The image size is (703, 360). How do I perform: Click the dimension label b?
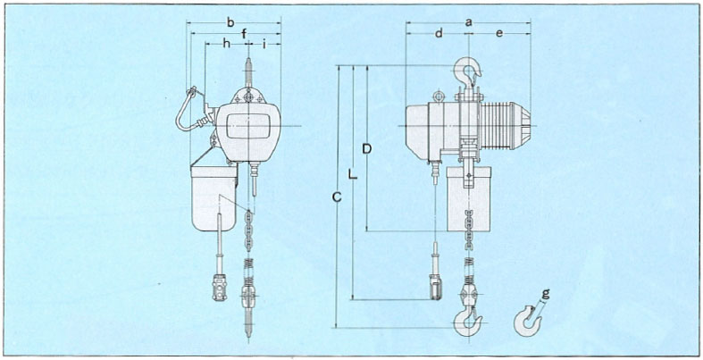click(x=231, y=20)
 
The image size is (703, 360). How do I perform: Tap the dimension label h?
click(x=227, y=43)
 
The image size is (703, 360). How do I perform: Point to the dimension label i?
click(x=265, y=43)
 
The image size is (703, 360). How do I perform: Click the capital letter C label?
click(x=335, y=197)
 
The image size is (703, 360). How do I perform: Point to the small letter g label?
click(x=546, y=291)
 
